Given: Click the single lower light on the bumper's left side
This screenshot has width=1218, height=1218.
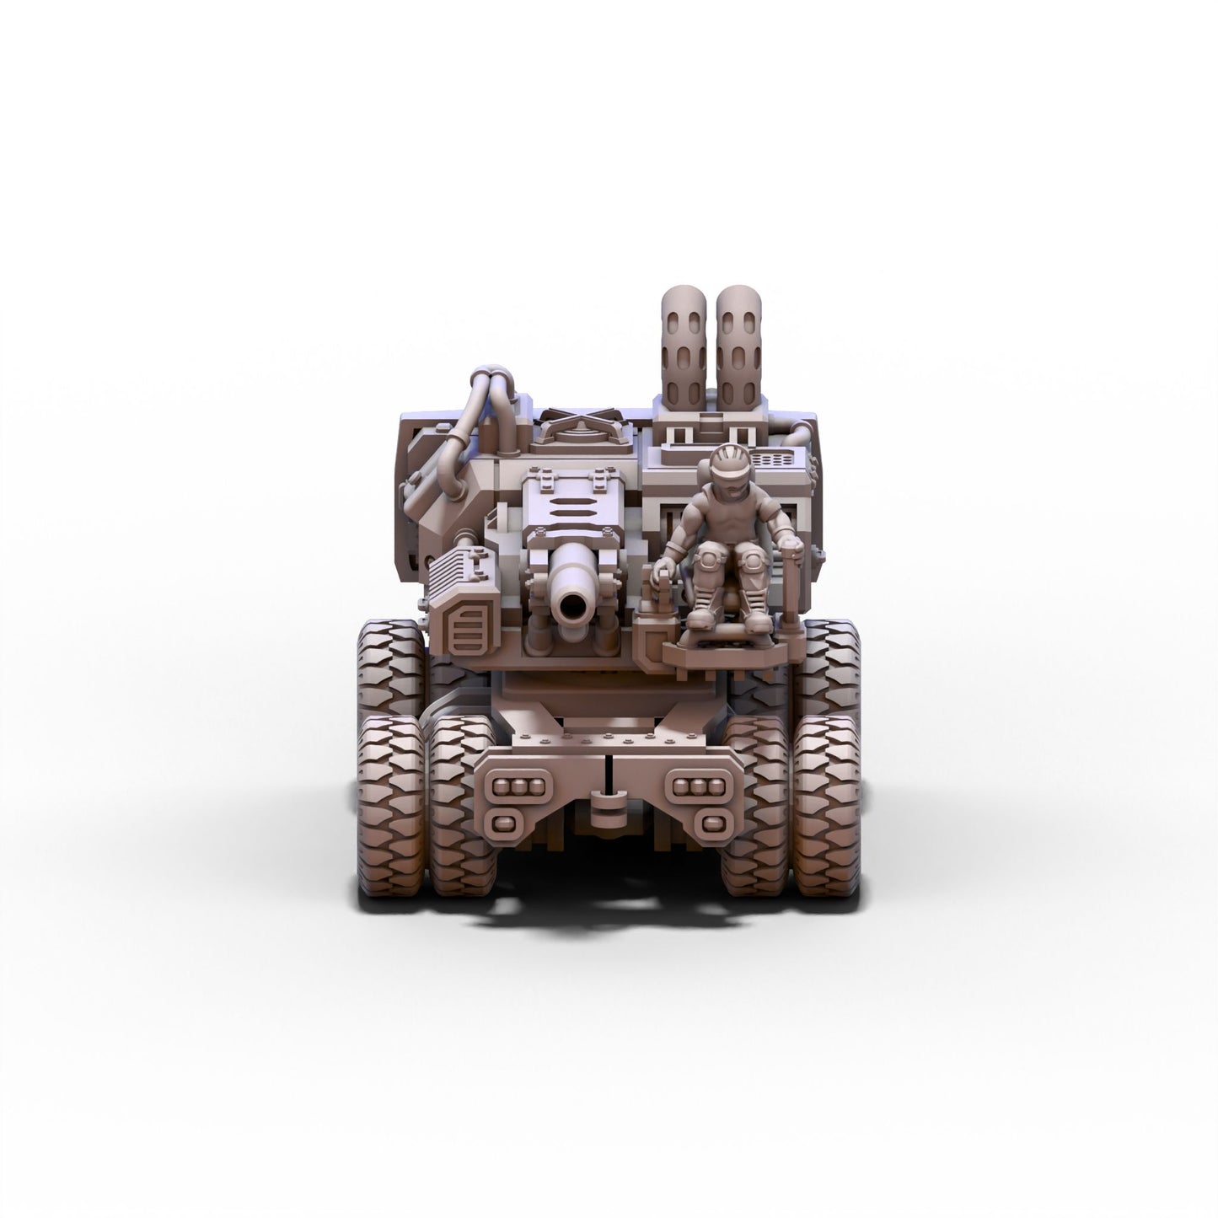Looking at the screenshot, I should tap(503, 823).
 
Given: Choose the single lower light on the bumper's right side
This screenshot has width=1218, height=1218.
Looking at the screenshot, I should tap(711, 823).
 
